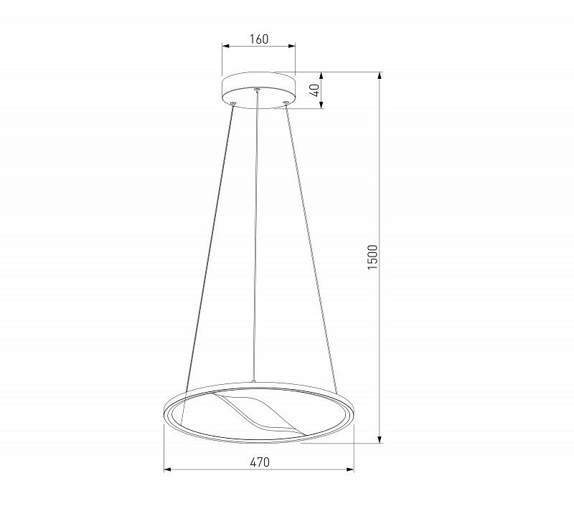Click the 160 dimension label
(x=259, y=39)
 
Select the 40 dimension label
(x=314, y=90)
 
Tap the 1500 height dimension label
(x=372, y=257)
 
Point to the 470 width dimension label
(x=260, y=462)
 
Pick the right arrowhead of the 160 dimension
(x=292, y=46)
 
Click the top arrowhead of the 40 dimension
(x=321, y=76)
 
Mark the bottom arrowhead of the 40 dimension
(x=321, y=105)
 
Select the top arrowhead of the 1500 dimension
(x=380, y=76)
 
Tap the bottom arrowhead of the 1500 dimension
(x=380, y=439)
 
